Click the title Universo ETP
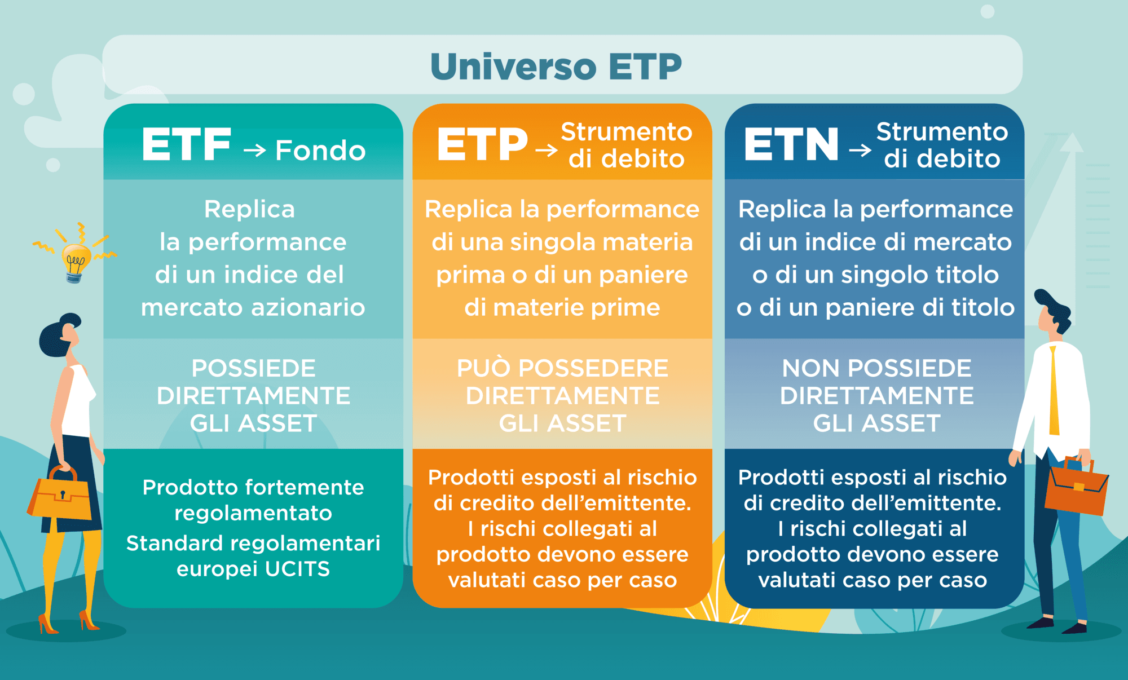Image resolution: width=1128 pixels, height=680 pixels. (x=556, y=67)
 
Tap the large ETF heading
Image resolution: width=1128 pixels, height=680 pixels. (x=187, y=145)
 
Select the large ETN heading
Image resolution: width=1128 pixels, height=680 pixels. (x=791, y=145)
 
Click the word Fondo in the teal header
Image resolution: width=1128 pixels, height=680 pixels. (x=320, y=151)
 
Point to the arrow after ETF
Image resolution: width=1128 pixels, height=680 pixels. (x=254, y=150)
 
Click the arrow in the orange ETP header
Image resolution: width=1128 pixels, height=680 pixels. (x=546, y=150)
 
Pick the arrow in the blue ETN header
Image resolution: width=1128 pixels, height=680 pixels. (x=860, y=150)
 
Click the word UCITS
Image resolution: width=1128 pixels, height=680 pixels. (x=297, y=569)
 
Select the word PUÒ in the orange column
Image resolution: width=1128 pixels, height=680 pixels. (x=484, y=368)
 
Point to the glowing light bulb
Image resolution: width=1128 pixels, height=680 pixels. (x=75, y=261)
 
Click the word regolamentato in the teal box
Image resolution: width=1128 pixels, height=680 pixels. (x=253, y=514)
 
